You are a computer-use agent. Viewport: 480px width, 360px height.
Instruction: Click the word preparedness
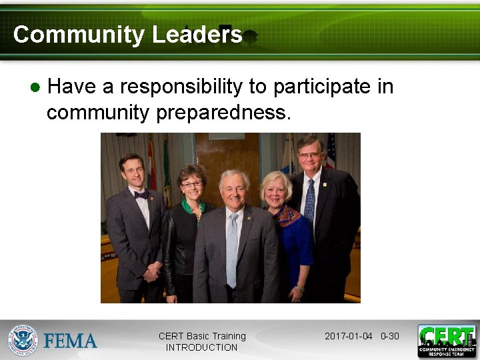point(223,113)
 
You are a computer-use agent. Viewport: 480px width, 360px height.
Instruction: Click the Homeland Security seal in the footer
point(23,340)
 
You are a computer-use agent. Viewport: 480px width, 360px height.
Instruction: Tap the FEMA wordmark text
point(71,341)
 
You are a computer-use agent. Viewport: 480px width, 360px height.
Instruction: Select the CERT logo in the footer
point(447,341)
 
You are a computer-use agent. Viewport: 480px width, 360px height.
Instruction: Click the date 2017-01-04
point(348,336)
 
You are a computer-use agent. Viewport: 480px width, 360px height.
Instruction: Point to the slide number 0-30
point(390,336)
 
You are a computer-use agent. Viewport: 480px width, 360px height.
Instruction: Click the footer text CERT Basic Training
point(202,336)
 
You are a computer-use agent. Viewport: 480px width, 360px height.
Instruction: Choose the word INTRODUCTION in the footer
point(201,347)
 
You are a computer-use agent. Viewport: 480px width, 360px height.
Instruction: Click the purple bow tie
point(141,195)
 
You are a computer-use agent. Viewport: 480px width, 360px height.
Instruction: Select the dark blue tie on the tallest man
point(309,200)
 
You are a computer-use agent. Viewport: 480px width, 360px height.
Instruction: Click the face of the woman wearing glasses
point(191,182)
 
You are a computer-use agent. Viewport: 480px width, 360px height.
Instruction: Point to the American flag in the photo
point(330,151)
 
